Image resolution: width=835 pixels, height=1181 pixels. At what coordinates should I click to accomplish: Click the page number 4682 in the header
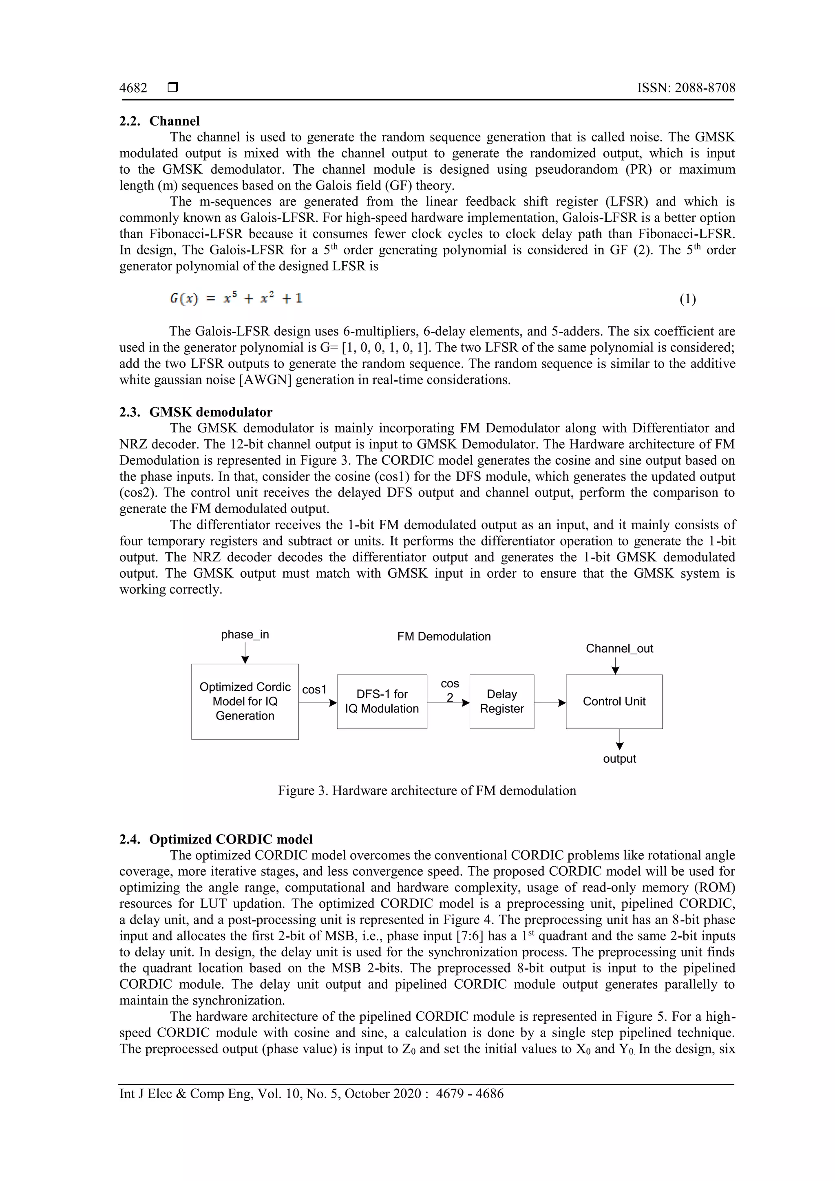133,88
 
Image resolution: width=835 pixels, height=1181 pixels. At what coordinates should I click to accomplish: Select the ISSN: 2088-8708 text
686,88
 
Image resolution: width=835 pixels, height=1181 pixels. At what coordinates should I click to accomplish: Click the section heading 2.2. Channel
159,121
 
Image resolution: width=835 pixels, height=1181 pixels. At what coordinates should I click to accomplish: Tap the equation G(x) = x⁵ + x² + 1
236,298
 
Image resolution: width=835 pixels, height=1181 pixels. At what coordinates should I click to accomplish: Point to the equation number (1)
687,299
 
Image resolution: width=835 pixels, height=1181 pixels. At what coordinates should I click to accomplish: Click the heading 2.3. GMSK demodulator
196,412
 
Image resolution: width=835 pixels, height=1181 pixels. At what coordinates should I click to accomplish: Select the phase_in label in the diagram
245,634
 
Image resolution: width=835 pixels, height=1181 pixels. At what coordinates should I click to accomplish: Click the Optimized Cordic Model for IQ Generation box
245,701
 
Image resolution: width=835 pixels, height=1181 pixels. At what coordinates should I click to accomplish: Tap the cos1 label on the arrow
314,689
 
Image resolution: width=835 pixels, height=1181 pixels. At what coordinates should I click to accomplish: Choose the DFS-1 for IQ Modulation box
382,701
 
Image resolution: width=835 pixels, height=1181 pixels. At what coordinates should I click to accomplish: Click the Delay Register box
501,701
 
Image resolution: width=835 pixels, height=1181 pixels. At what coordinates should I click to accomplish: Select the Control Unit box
614,701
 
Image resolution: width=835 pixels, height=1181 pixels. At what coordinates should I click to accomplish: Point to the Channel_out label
619,648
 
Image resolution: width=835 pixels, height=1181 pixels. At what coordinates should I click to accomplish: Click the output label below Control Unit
619,759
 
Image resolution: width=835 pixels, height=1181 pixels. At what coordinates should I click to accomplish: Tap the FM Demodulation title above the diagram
444,636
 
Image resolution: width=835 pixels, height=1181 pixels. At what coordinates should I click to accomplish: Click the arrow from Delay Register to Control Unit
550,703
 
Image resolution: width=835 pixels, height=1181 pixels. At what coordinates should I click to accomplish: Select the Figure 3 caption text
427,790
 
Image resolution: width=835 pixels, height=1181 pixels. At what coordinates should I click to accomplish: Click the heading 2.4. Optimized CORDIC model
216,839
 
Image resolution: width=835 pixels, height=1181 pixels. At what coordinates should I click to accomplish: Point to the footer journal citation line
311,1094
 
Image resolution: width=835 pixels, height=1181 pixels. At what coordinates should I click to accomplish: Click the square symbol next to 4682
173,88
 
